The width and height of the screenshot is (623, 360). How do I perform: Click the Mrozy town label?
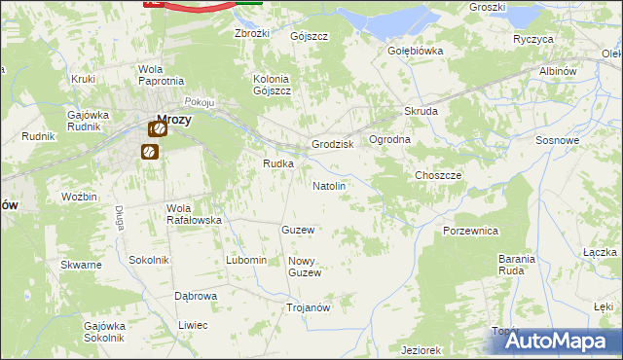point(173,121)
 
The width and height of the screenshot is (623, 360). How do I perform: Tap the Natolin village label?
point(328,185)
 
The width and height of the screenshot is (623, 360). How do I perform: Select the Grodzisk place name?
point(331,144)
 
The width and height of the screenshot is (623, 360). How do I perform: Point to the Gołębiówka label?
point(416,51)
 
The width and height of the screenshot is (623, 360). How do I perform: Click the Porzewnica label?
point(470,231)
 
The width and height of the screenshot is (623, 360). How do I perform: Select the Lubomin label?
point(245,260)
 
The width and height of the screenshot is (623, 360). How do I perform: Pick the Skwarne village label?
point(81,265)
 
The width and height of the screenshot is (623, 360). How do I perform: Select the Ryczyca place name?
point(533,39)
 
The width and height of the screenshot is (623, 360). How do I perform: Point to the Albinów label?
point(559,72)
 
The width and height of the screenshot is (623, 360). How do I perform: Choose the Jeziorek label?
point(421,349)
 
